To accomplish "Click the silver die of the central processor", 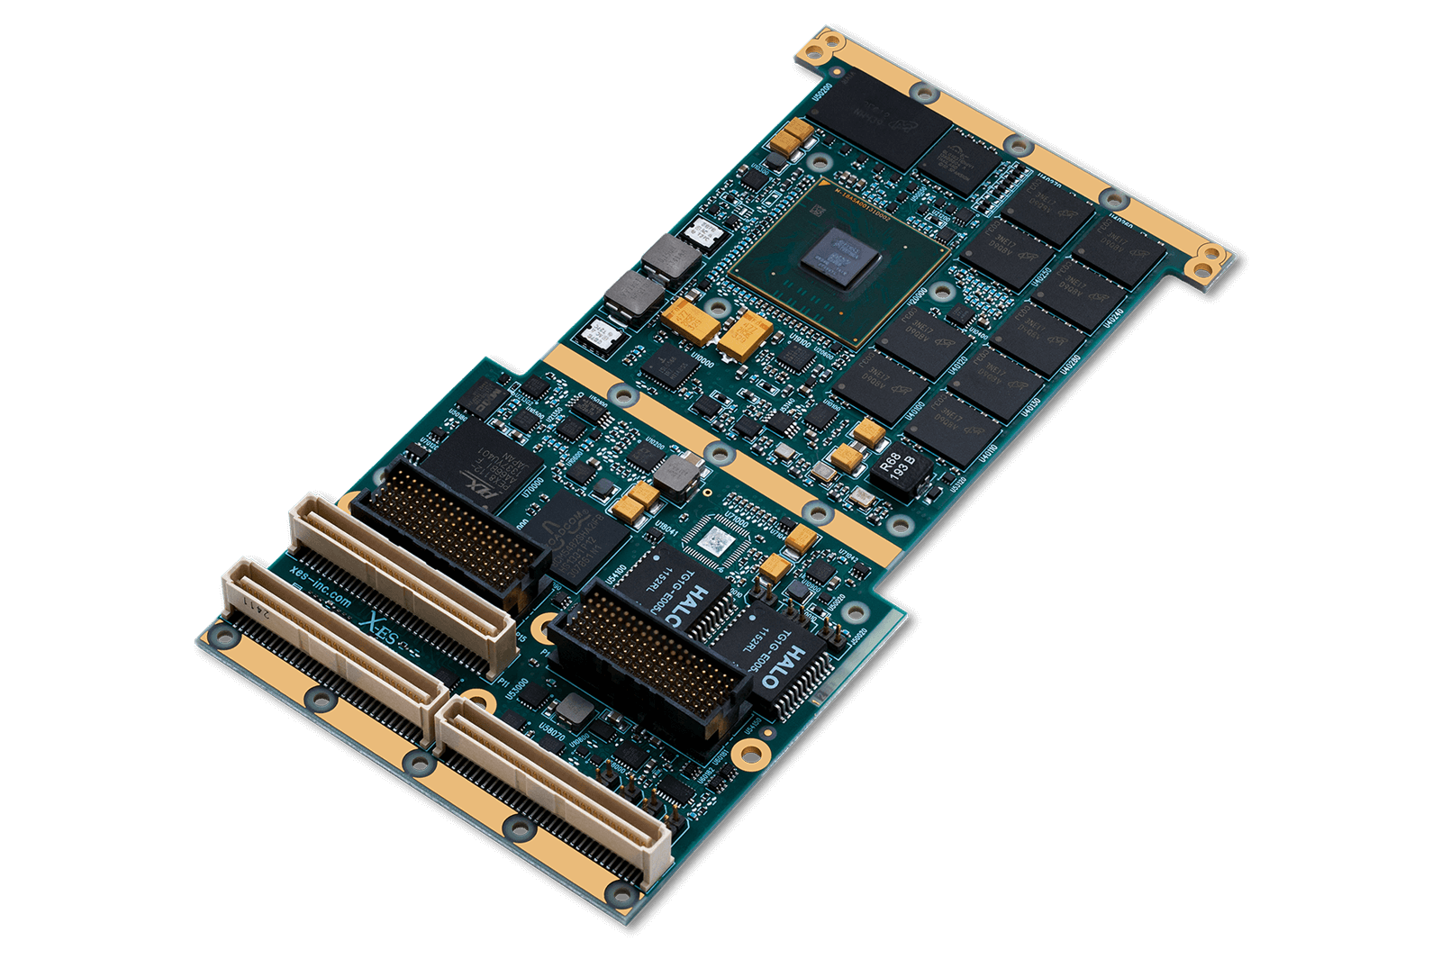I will (x=841, y=256).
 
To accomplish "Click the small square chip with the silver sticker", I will (x=717, y=541).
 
